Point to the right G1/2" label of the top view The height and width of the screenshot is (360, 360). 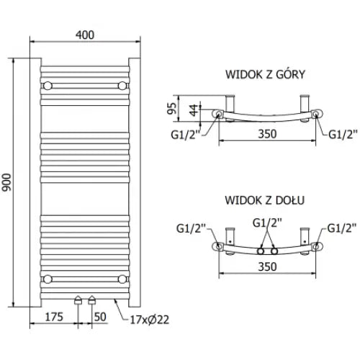pyautogui.click(x=342, y=134)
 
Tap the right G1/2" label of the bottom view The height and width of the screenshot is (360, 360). pyautogui.click(x=341, y=229)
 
